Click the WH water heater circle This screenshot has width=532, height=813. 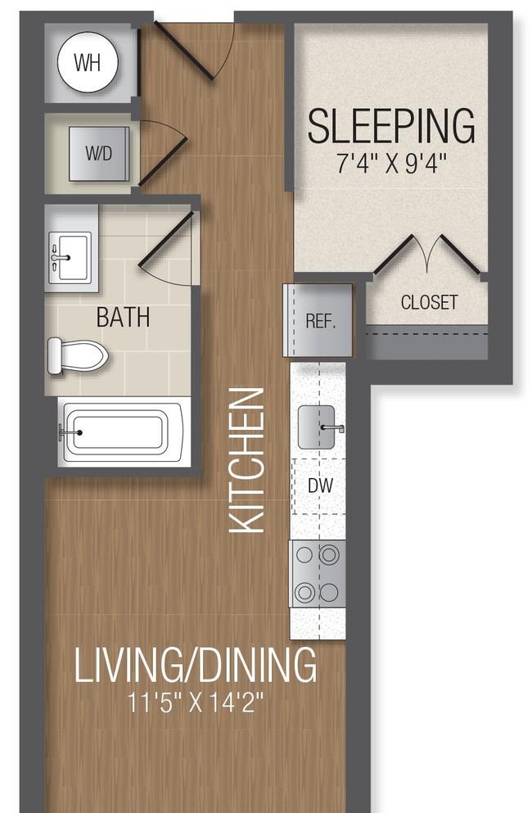88,62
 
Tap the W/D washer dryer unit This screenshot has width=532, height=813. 99,153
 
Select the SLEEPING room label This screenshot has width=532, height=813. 391,125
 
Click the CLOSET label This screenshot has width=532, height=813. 429,302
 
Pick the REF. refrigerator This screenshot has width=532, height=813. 318,320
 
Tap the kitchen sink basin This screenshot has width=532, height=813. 316,427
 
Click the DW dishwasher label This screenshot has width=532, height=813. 320,486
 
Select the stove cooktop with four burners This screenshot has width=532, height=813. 318,573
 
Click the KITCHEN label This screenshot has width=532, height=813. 247,460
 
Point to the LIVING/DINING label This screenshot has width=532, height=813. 196,665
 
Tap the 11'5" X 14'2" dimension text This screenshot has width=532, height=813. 196,703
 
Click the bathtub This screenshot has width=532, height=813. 121,432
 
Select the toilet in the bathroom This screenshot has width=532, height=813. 78,355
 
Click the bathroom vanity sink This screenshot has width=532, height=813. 70,257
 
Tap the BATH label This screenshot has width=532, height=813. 123,318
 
